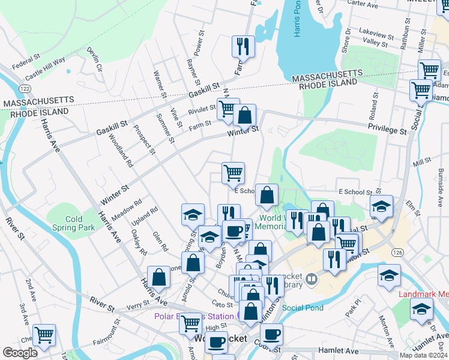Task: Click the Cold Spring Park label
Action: coord(79,224)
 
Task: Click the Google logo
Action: coord(20,353)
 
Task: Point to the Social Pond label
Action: coord(303,308)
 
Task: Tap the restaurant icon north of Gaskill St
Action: coord(244,46)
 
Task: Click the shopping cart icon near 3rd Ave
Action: coord(44,335)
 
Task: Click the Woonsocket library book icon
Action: coord(311,278)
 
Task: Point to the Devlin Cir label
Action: coord(95,60)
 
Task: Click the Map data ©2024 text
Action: coord(423,355)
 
